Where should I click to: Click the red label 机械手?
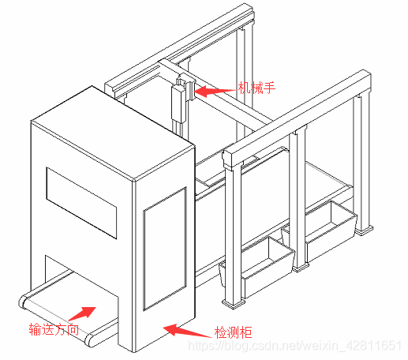pos(256,88)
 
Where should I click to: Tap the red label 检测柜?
pos(233,332)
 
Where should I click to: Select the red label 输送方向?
pos(54,329)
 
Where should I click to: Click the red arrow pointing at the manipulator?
pos(215,91)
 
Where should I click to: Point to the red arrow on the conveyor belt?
pos(83,313)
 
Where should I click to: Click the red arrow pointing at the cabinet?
pos(187,331)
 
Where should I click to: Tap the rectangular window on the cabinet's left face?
pos(81,203)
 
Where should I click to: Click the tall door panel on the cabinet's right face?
pos(165,249)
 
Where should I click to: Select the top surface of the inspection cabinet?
pos(113,133)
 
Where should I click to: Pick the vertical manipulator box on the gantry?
pos(178,104)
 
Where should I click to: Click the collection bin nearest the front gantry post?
pos(268,266)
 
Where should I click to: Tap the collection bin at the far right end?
pos(331,231)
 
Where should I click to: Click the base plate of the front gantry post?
pos(234,303)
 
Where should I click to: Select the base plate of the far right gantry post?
pos(364,231)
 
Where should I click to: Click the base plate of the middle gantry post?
pos(301,267)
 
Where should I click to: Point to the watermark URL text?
pos(294,346)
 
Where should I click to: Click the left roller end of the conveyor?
pos(23,302)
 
